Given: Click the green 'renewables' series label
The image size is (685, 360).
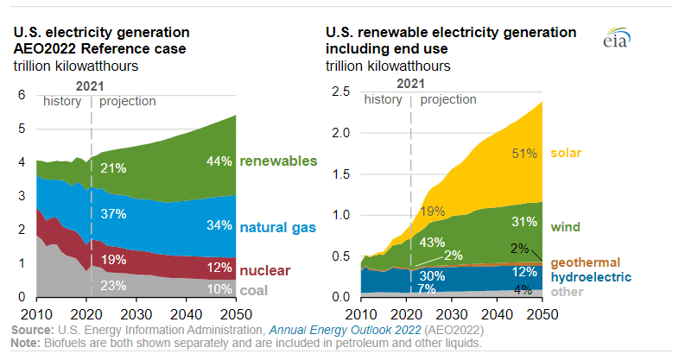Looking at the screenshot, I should (278, 161).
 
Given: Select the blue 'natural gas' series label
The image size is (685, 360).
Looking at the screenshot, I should (278, 227).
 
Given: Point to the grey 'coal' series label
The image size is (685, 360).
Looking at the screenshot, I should (255, 290).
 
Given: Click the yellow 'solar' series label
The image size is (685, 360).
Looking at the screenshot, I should (568, 154).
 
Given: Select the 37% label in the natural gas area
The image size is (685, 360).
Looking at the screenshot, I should (114, 213).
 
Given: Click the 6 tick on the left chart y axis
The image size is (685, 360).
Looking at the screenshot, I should (23, 95).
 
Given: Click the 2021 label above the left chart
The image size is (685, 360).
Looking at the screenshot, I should (92, 85).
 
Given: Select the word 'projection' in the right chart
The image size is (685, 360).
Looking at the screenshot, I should (448, 99).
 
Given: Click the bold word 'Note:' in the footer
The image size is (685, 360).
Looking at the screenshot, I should (27, 343).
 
